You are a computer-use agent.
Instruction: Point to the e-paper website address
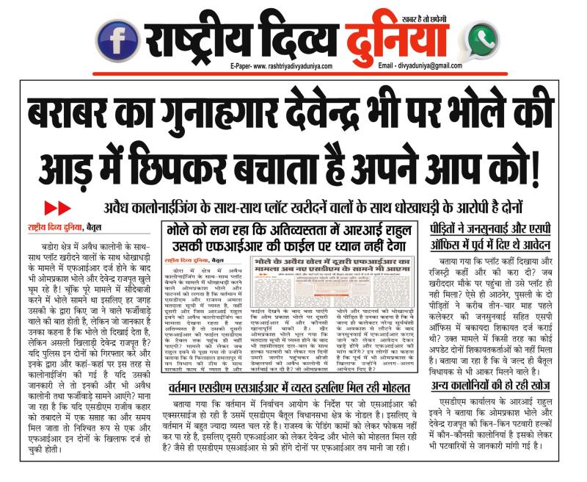pyautogui.click(x=281, y=65)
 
